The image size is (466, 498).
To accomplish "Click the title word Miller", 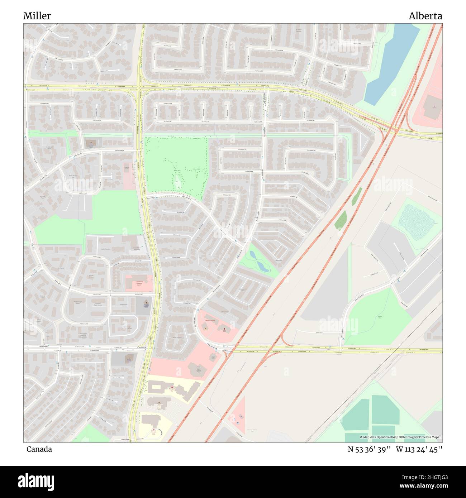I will [x=37, y=16].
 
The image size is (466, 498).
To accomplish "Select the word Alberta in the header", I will [x=425, y=16].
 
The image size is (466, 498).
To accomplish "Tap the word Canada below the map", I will [x=39, y=449].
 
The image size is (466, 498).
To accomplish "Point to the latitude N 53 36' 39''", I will [x=369, y=449].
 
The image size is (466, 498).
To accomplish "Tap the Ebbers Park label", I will [x=380, y=317].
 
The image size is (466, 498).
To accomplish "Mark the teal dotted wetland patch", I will [x=416, y=219].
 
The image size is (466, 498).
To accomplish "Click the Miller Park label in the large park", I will [x=177, y=171].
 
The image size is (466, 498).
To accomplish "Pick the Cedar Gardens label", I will [x=105, y=249].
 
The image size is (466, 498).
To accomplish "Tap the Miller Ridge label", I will [x=225, y=312].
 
